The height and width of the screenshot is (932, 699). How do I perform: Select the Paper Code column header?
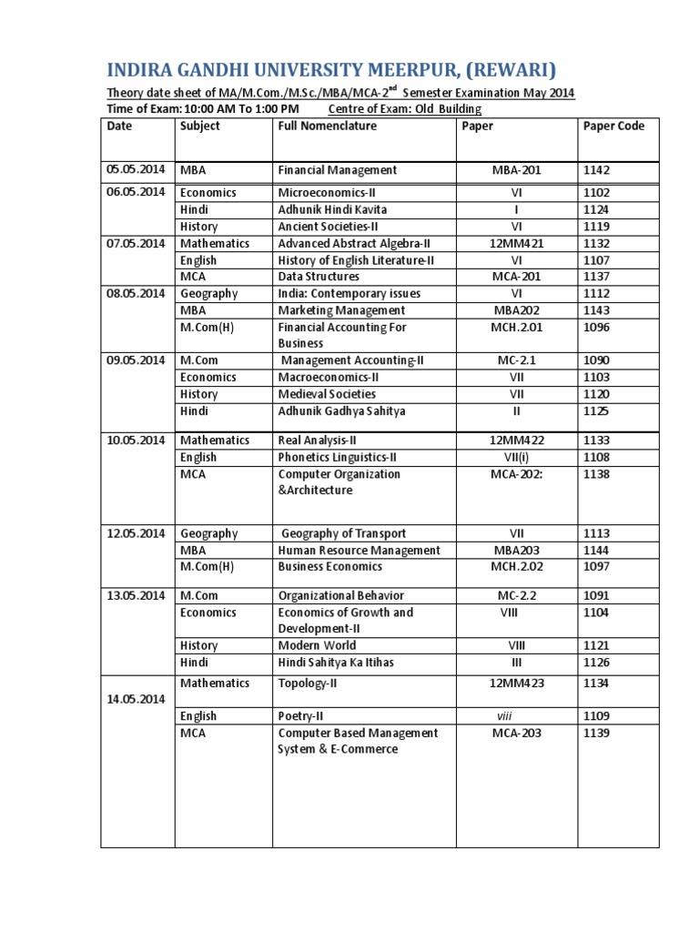(613, 126)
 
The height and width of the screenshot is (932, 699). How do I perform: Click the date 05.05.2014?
(136, 170)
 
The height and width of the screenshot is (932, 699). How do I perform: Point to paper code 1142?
(596, 170)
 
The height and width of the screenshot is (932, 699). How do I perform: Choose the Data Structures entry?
(319, 277)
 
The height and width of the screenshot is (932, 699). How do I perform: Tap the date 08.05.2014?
(136, 293)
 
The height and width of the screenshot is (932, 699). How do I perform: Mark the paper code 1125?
(596, 411)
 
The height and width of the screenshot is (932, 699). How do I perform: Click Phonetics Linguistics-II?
(338, 457)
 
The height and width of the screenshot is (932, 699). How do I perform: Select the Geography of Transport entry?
(343, 533)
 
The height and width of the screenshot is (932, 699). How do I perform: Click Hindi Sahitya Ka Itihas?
(336, 663)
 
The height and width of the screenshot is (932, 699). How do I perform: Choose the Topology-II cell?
(309, 683)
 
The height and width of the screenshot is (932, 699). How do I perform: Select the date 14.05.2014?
(136, 700)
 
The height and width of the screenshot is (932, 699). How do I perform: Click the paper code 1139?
(596, 733)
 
